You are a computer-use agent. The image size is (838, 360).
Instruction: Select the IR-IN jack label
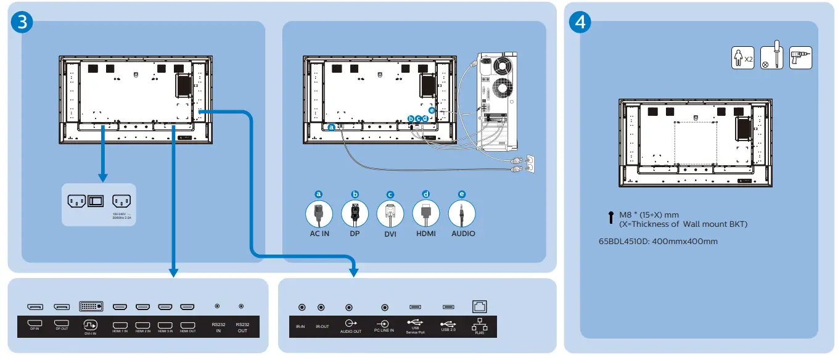[x=300, y=327]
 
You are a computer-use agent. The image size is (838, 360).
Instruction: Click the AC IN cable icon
[x=319, y=214]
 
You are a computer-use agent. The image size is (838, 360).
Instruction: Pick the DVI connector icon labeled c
[x=390, y=214]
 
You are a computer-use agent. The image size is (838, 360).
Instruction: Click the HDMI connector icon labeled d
[x=425, y=214]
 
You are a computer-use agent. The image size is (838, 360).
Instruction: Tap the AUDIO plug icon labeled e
[x=462, y=214]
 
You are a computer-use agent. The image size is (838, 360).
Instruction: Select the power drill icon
[x=800, y=58]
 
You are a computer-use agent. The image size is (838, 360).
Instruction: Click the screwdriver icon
[x=771, y=58]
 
